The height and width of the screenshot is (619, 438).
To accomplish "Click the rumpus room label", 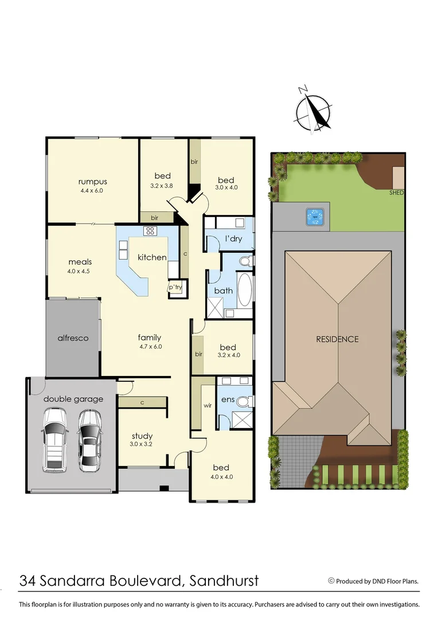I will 93,182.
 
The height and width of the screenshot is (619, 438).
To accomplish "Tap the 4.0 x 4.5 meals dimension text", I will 80,272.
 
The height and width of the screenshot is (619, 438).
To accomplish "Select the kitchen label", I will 152,257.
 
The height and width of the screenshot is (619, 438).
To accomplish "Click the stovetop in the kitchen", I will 151,231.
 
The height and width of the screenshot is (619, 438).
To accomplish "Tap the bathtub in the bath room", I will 244,289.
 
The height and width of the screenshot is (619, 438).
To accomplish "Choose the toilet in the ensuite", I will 245,401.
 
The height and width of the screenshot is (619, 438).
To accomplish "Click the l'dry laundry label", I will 233,238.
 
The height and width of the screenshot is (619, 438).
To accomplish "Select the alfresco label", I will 73,338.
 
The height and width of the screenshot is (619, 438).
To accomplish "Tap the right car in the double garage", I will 89,440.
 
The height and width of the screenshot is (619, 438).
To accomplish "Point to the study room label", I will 142,436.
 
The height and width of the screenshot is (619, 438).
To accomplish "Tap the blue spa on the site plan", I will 314,217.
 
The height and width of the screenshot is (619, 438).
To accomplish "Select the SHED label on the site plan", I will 397,193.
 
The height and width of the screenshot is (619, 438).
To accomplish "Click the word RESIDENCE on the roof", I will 337,339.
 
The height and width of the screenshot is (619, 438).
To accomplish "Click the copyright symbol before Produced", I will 331,581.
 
